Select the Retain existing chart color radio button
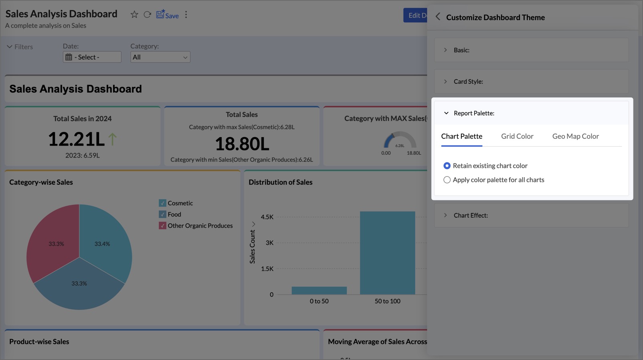[447, 166]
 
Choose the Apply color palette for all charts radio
[447, 180]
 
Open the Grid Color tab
[517, 136]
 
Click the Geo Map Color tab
[576, 136]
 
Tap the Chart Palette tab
[461, 136]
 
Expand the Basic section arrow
[445, 50]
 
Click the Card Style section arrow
[445, 81]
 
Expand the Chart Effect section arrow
[445, 215]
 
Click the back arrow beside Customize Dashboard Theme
[438, 17]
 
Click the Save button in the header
[167, 15]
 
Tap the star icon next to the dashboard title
[134, 14]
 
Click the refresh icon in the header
[147, 14]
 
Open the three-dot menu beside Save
[186, 14]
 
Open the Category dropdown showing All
[160, 57]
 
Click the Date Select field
[92, 57]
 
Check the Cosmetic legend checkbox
[162, 203]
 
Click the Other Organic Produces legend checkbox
[162, 225]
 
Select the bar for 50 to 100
[388, 253]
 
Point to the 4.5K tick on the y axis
[267, 217]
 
